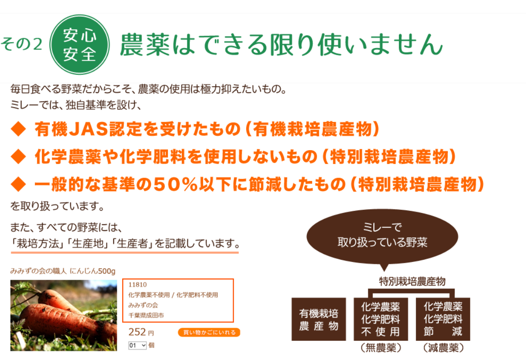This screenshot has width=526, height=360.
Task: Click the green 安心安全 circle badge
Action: pyautogui.click(x=80, y=44)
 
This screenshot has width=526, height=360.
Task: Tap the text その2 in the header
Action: pyautogui.click(x=22, y=44)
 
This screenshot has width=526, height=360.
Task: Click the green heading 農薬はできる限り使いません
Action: pyautogui.click(x=281, y=44)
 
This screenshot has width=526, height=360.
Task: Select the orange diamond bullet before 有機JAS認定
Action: pyautogui.click(x=18, y=129)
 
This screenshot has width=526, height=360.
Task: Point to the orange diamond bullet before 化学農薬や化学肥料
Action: pyautogui.click(x=18, y=157)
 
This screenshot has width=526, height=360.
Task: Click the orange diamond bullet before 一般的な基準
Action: pyautogui.click(x=18, y=184)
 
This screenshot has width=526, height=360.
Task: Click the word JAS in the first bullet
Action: pyautogui.click(x=89, y=129)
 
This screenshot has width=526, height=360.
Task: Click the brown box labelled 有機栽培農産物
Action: pyautogui.click(x=318, y=319)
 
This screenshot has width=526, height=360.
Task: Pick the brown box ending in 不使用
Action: pyautogui.click(x=381, y=319)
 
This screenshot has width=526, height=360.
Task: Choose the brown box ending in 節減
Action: pyautogui.click(x=443, y=319)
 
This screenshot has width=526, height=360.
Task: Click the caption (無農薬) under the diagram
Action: pyautogui.click(x=381, y=348)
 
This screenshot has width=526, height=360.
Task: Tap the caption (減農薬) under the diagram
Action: pyautogui.click(x=443, y=348)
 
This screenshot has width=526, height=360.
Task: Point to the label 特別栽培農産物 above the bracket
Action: pyautogui.click(x=412, y=281)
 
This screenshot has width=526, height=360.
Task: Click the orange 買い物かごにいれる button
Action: pyautogui.click(x=209, y=332)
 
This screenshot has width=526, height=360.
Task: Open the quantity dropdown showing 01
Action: pyautogui.click(x=137, y=345)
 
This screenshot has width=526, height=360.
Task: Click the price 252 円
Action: pyautogui.click(x=141, y=332)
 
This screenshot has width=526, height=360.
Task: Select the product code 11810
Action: pyautogui.click(x=137, y=284)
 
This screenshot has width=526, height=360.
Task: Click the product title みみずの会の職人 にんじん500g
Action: pyautogui.click(x=63, y=271)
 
